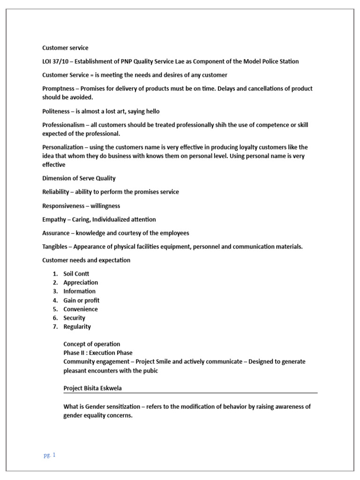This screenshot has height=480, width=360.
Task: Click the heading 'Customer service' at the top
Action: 65,48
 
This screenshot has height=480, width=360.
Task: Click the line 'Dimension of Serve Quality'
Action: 79,178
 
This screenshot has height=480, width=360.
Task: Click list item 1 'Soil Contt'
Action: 76,274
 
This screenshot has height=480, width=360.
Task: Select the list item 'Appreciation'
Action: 81,283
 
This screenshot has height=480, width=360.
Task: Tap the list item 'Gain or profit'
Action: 82,300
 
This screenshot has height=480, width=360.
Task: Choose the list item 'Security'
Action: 75,318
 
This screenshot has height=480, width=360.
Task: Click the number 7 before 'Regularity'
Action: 55,327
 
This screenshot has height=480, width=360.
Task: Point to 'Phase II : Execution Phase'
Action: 98,352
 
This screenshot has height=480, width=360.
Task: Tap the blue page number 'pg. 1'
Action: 49,455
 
